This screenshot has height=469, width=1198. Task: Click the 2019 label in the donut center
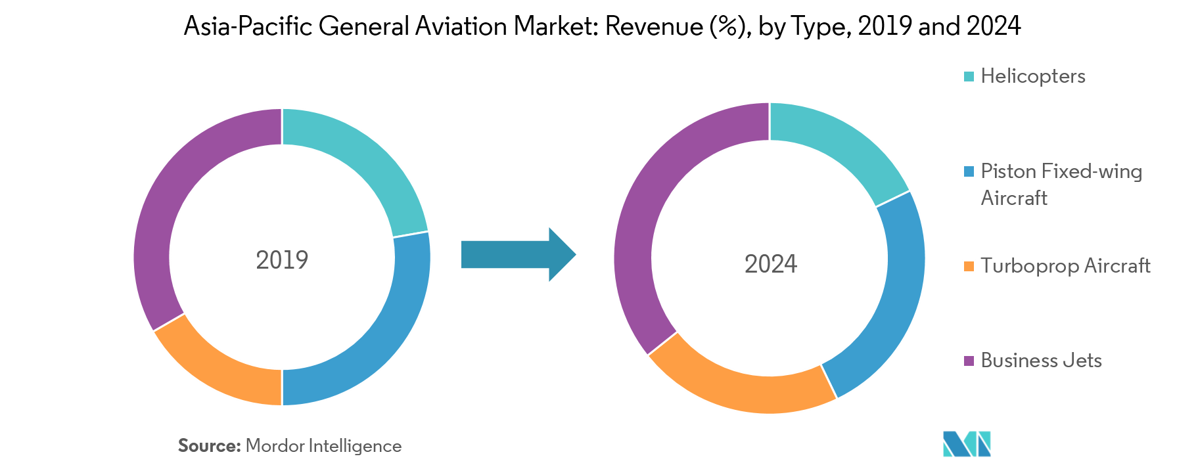click(282, 260)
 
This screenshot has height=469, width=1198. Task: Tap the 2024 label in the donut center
click(770, 264)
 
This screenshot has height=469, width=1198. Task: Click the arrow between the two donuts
click(518, 254)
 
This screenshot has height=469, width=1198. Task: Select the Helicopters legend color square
click(969, 77)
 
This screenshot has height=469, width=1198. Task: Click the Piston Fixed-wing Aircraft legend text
click(1061, 185)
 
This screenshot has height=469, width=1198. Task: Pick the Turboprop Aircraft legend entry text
click(1065, 266)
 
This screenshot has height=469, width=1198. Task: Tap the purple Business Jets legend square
click(969, 361)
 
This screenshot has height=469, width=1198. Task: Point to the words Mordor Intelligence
click(323, 447)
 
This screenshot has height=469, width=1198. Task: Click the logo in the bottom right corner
click(967, 444)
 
